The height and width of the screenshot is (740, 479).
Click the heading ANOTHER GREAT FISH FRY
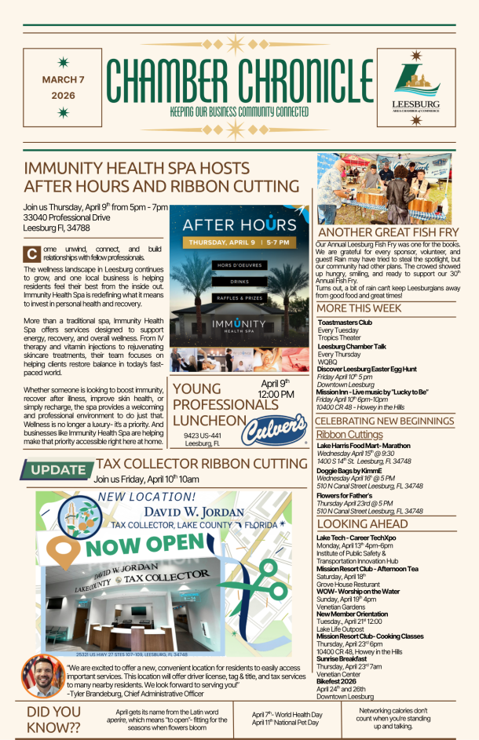(388, 233)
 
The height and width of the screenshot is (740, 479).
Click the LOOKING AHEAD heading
(362, 523)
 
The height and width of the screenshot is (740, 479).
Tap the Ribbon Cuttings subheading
(349, 434)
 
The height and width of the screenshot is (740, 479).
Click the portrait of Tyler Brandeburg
(43, 676)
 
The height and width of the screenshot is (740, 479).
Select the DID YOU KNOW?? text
(53, 719)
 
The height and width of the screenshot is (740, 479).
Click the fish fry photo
(384, 189)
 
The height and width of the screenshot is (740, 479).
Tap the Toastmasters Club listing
(348, 323)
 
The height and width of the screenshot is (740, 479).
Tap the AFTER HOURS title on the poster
(228, 224)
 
